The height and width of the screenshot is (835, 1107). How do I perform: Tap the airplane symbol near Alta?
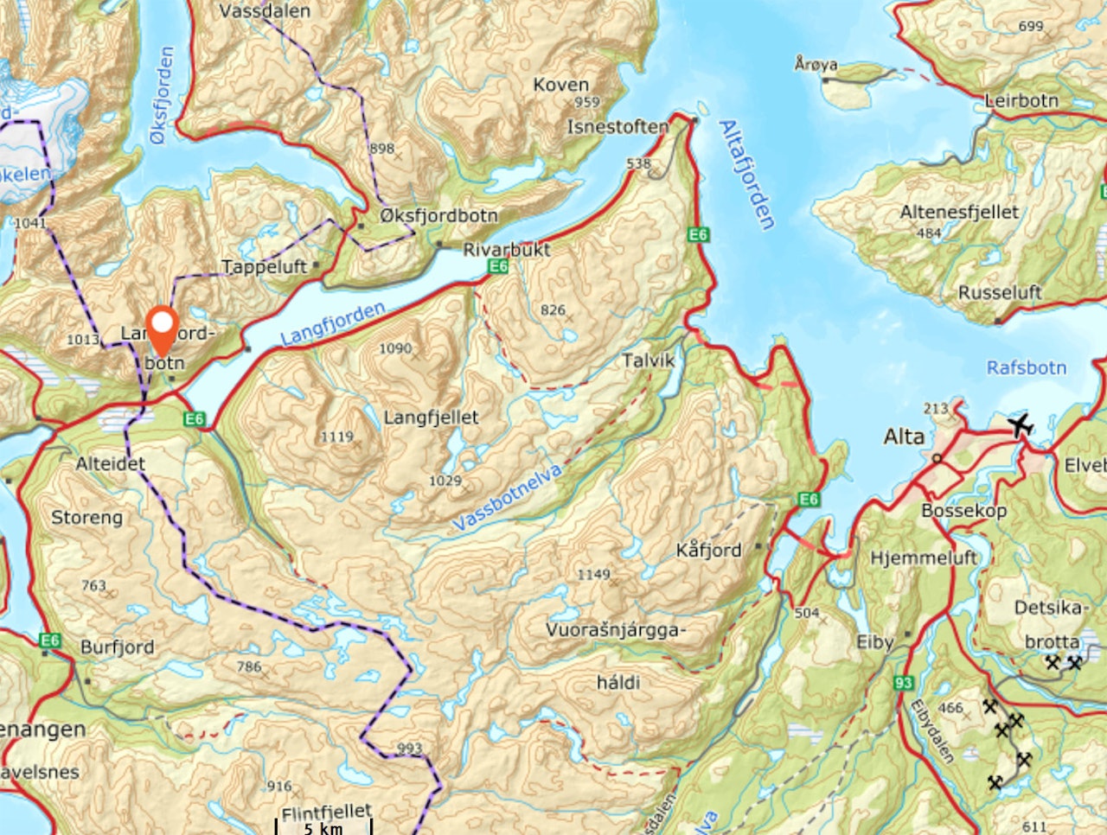(x=1021, y=425)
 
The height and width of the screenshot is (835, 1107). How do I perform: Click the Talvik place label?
(x=648, y=360)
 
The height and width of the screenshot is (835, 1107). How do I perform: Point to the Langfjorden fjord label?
(x=333, y=323)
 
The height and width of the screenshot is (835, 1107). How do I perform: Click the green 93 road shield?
(x=903, y=683)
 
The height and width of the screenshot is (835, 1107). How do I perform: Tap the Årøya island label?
(x=816, y=64)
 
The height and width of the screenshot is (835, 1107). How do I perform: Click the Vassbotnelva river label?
(x=507, y=497)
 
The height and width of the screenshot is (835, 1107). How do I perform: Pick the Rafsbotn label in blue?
(x=1027, y=367)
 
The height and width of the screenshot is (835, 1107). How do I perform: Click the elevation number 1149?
(x=593, y=574)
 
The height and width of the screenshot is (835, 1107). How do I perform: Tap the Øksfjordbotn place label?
(x=438, y=215)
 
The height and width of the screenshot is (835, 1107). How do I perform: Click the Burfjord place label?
(x=117, y=647)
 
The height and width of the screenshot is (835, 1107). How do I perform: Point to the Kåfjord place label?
(x=708, y=550)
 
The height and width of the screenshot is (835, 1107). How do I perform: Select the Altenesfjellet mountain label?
(x=959, y=212)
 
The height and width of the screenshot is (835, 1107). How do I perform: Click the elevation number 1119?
(x=336, y=437)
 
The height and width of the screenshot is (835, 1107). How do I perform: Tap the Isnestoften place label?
(x=617, y=126)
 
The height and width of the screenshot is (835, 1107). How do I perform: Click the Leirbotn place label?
(x=1021, y=100)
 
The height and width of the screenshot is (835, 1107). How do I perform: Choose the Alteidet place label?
(x=110, y=463)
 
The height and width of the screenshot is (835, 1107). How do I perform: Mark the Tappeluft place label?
(x=264, y=266)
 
